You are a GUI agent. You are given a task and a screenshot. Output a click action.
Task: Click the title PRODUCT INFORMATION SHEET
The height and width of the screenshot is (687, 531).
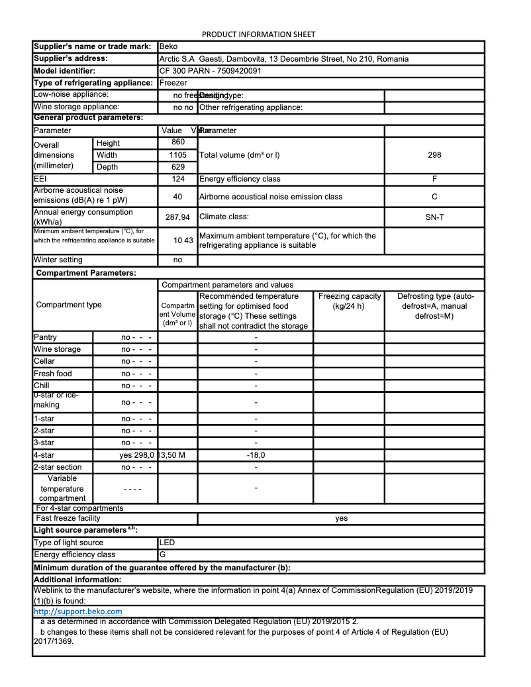coord(258,34)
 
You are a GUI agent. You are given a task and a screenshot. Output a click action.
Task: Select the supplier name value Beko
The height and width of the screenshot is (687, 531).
coord(168,47)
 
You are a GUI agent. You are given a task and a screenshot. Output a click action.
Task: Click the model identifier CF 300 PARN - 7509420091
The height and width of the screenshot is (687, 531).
coord(210,71)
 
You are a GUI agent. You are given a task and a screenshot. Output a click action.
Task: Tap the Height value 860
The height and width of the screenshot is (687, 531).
coord(177,142)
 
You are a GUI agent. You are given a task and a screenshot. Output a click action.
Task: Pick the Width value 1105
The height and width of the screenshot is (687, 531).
coord(177,155)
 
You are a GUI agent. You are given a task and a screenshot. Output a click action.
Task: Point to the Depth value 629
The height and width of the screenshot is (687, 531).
coord(177,167)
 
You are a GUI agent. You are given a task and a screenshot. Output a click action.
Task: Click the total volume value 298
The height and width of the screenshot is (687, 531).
coord(434,155)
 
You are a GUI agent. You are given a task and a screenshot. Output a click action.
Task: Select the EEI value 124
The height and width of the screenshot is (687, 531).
coord(177,179)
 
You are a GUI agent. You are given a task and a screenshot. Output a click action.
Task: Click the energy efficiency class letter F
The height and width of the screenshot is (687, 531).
coord(434,179)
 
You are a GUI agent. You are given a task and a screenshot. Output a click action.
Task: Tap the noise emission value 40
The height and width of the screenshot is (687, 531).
coord(177,197)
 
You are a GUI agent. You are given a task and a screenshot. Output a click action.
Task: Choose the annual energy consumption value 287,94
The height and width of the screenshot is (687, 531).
coord(177,217)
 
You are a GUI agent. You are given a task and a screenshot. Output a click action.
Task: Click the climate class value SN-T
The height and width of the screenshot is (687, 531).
coord(434,217)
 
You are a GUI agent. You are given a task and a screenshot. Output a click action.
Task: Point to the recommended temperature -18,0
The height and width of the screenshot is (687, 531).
coord(256,455)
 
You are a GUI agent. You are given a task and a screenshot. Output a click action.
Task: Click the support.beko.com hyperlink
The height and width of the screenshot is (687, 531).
coord(77,611)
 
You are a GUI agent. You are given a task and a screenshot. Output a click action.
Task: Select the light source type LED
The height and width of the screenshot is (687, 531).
coord(168,543)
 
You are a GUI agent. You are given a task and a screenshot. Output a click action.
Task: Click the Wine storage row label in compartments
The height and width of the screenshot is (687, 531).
coord(58,349)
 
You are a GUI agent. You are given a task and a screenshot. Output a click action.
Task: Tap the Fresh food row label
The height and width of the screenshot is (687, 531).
coord(53,374)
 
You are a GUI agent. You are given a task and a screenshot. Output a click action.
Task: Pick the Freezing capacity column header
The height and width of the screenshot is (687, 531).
coord(349,301)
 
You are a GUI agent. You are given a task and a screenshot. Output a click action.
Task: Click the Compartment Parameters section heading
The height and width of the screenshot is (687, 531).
coord(86,273)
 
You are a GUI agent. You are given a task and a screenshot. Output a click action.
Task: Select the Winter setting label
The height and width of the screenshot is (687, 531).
coord(58,260)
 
